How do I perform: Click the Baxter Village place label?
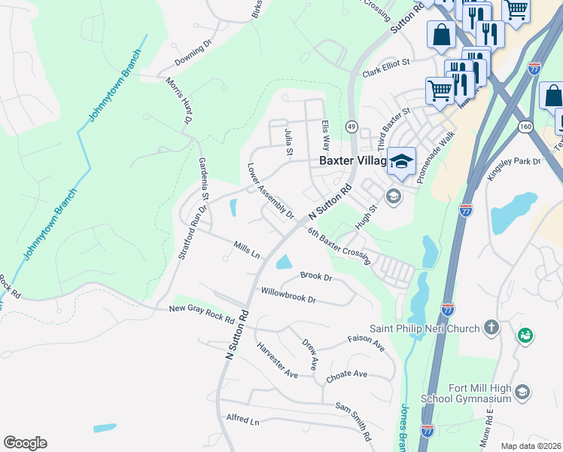[352, 161]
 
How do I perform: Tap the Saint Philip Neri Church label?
[424, 328]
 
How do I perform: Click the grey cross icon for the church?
[491, 327]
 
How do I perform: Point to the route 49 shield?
[351, 127]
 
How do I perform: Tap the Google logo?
[25, 443]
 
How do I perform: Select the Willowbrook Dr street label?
[288, 294]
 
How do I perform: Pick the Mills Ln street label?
[246, 250]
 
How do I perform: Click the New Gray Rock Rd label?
[202, 313]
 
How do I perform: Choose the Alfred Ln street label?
[242, 419]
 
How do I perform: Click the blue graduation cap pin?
[402, 160]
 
